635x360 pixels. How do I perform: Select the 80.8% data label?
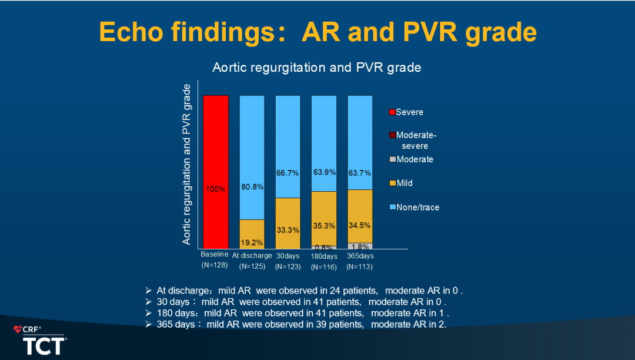(x=252, y=186)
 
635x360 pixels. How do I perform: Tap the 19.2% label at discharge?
(x=252, y=242)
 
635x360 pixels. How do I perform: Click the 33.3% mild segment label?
(x=288, y=230)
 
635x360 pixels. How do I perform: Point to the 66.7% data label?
(x=288, y=173)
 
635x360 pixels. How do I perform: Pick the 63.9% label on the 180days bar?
(x=324, y=172)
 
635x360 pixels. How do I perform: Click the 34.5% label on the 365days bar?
(x=360, y=225)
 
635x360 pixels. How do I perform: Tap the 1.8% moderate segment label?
(x=360, y=247)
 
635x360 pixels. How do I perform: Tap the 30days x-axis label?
(x=288, y=256)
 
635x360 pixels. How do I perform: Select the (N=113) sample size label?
(x=360, y=266)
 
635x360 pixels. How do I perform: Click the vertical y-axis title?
(x=187, y=164)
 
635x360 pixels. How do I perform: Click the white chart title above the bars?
(x=317, y=68)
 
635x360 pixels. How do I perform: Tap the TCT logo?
(x=44, y=345)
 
